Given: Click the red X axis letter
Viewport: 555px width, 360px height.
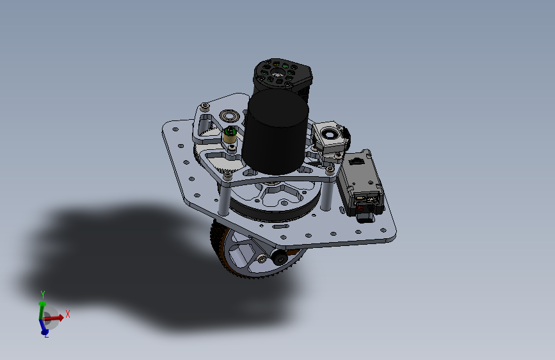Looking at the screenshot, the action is (68, 314).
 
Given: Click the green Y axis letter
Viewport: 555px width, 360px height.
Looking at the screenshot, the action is (43, 295).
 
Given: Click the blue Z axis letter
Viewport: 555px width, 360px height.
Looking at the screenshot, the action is (46, 335).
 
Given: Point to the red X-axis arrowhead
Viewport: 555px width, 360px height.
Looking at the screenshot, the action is (60, 317).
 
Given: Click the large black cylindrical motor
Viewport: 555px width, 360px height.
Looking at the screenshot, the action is (275, 132).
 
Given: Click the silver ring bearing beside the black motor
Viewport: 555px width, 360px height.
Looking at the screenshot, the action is (229, 115).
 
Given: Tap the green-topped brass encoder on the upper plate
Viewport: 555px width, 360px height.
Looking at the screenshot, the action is (230, 135).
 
